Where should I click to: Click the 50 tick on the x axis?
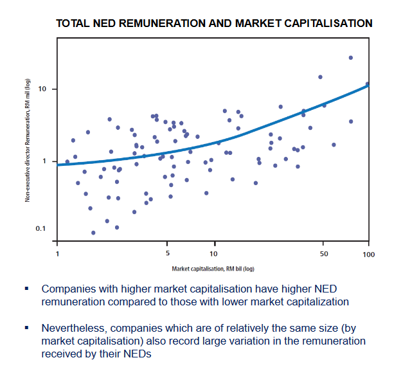(323, 253)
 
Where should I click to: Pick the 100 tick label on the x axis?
(369, 253)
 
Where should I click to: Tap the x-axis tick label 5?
(167, 253)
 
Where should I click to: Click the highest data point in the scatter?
(351, 58)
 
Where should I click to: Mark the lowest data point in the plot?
(93, 233)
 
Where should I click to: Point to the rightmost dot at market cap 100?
(368, 84)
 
